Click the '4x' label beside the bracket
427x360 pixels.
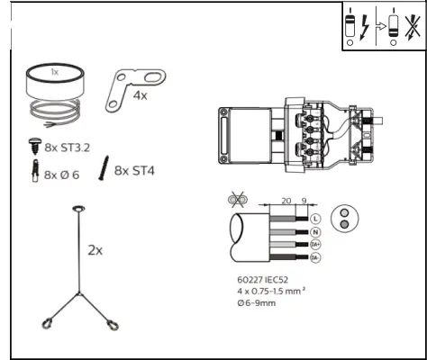tap(140, 94)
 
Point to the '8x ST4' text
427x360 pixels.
tap(134, 169)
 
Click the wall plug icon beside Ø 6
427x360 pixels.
tap(32, 172)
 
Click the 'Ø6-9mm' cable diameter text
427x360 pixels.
tap(258, 303)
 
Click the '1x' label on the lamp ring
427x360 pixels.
tap(54, 71)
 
